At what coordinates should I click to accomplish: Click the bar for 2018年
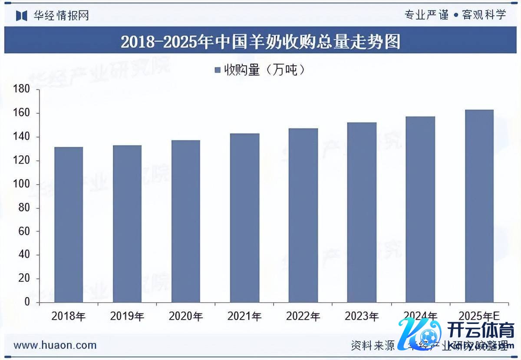tap(69, 225)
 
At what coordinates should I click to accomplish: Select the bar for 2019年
tap(127, 224)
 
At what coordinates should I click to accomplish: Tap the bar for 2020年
tap(186, 221)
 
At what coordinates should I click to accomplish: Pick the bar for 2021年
tap(244, 218)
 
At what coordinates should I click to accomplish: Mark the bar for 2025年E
tap(479, 206)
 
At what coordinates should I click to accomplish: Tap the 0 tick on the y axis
tap(27, 302)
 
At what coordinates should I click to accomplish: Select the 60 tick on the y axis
tap(24, 231)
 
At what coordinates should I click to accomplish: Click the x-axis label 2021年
tap(244, 316)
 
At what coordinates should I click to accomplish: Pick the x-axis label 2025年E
tap(480, 316)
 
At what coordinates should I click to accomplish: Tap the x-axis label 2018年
tap(69, 316)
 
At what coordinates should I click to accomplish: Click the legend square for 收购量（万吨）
tap(218, 70)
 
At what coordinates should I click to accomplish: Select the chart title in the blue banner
tap(260, 42)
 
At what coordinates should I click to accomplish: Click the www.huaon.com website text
tap(55, 345)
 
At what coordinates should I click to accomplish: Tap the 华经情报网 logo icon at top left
tap(21, 16)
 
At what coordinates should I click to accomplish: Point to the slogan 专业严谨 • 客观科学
tap(455, 15)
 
